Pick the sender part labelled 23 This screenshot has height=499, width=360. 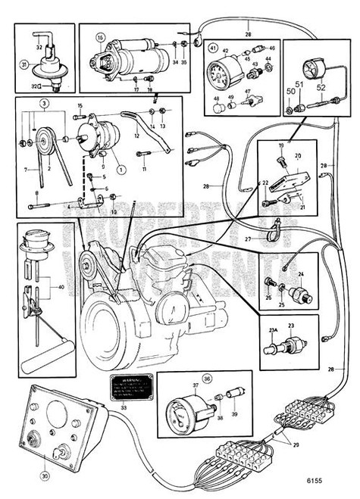pyautogui.click(x=281, y=350)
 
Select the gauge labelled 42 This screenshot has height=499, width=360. pyautogui.click(x=224, y=75)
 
